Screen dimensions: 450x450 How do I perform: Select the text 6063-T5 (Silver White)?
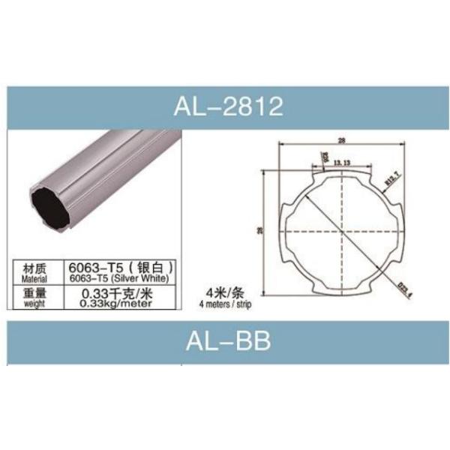coord(122,278)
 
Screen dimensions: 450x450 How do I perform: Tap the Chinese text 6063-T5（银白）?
coord(122,266)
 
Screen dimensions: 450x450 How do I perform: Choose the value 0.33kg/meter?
coord(122,303)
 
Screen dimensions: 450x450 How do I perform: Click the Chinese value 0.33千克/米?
coord(122,292)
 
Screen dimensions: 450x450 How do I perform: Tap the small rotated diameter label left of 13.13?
coord(325,157)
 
